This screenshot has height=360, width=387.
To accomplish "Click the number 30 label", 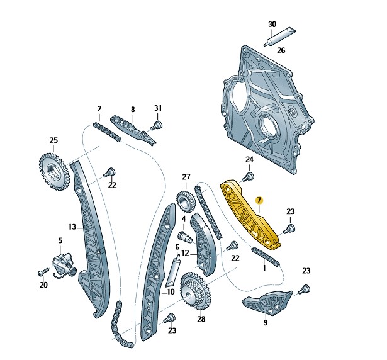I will (x=272, y=25).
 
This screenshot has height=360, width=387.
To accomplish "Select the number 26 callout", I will (x=281, y=50).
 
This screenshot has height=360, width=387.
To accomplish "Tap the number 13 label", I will (x=71, y=227).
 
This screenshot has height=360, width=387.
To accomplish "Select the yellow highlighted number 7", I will (x=259, y=200).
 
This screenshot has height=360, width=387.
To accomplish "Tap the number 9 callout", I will (x=265, y=323).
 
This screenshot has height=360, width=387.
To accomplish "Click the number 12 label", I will (x=185, y=254).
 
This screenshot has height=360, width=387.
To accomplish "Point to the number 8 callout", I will (x=132, y=109).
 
